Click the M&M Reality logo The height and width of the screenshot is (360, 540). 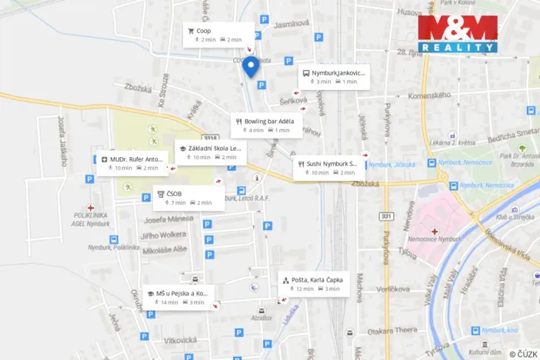458,35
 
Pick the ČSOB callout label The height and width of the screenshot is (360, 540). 188,198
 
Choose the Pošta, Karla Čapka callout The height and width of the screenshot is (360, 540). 314,284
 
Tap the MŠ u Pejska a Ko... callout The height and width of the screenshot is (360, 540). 178,297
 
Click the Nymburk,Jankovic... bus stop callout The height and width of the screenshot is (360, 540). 333,76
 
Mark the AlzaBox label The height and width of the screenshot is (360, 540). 262,318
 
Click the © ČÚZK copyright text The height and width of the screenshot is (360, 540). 523,353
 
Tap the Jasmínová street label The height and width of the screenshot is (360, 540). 290,25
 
